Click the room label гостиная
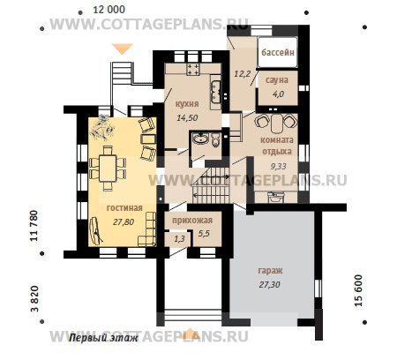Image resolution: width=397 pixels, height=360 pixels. (124, 208)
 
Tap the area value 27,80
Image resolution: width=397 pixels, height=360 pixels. (124, 222)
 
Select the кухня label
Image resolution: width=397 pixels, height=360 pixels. (187, 104)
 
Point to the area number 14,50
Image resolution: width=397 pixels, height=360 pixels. (187, 118)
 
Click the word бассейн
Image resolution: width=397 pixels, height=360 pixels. (278, 52)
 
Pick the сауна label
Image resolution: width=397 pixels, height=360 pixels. (277, 80)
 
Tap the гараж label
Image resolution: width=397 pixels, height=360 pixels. (270, 271)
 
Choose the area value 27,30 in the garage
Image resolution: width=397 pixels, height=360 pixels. (269, 284)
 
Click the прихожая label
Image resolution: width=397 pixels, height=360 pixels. (192, 221)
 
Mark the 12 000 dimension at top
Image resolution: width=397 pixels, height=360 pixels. (109, 10)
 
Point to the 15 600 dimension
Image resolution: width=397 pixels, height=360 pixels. (359, 290)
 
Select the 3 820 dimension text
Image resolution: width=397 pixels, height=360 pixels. (34, 298)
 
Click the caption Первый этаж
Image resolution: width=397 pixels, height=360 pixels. (103, 338)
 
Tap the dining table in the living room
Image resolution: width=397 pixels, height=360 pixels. (108, 169)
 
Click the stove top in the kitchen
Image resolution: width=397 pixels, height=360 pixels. (193, 69)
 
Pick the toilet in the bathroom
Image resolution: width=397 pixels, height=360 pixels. (215, 140)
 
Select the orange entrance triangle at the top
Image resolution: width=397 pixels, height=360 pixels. (123, 49)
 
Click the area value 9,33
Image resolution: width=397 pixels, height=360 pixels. (278, 167)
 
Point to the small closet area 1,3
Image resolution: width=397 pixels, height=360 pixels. (179, 239)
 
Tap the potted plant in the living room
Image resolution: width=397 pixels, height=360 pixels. (101, 127)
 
